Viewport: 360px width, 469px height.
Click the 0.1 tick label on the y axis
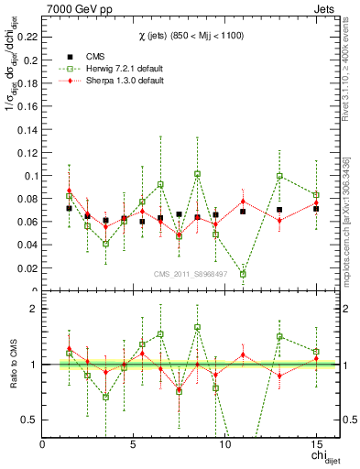(32, 175)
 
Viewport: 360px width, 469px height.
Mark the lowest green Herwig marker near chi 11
(243, 274)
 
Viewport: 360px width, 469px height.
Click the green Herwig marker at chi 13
(279, 176)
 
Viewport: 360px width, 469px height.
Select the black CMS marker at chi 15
(315, 209)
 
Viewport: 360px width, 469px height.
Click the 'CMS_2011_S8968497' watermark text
(190, 275)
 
